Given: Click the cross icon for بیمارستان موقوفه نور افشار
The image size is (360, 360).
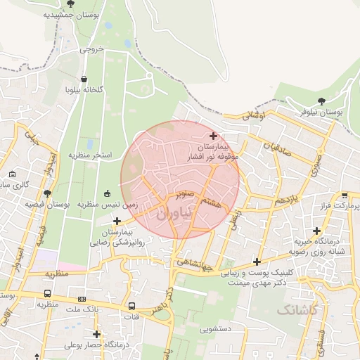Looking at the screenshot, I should click(x=214, y=136).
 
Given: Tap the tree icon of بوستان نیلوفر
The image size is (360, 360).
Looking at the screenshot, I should click(x=321, y=101).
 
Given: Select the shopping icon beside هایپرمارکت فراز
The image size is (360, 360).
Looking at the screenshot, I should click(x=344, y=196).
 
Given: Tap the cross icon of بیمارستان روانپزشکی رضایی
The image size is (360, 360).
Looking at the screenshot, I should click(x=116, y=221).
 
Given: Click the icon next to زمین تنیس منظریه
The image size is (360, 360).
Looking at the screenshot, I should click(x=107, y=193).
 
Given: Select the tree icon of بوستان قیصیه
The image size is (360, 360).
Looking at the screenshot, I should click(x=47, y=193).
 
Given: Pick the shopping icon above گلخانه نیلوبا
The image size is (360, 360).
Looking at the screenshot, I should click(x=84, y=79).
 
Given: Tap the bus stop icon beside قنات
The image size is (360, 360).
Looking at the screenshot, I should click(x=131, y=306).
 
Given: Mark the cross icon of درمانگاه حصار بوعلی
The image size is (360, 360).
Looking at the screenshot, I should click(x=96, y=334).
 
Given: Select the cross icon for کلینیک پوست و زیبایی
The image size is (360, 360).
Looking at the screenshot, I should click(x=257, y=262).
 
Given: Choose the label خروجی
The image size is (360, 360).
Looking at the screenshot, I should click(x=91, y=50).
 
